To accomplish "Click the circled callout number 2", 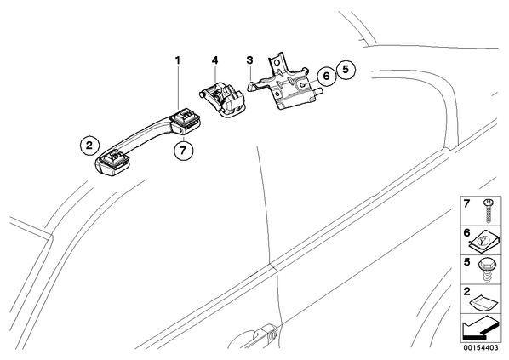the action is click(89, 145).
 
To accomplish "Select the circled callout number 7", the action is click(183, 151).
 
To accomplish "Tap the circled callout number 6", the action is click(326, 77).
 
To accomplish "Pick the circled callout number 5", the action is click(345, 69).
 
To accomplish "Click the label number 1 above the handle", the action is click(177, 60).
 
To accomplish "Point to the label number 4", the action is click(214, 60).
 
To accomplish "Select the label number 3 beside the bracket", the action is click(249, 60).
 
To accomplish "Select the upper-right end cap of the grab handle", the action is click(186, 120).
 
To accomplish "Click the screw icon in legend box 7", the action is click(487, 210).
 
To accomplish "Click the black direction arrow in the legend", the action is click(479, 329).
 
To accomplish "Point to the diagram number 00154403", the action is click(480, 348).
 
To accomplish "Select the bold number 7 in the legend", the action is click(466, 204).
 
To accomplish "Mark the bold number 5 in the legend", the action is click(466, 262).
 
